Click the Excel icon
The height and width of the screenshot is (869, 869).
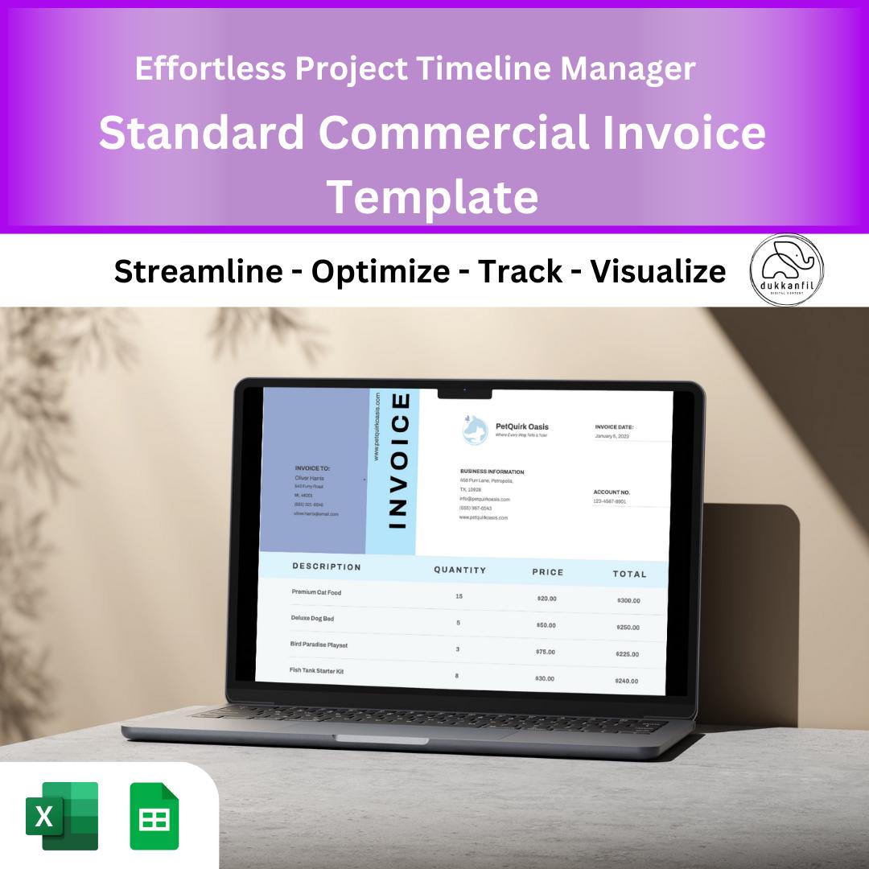[62, 815]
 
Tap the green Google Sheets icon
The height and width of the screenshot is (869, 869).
[154, 816]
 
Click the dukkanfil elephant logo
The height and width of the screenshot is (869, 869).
[786, 270]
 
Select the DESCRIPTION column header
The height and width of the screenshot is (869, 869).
[327, 566]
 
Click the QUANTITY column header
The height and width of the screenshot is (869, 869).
[460, 570]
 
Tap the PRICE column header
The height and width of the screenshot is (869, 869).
[548, 572]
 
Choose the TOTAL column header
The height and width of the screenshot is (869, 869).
[629, 574]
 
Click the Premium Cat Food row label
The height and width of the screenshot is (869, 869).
[316, 592]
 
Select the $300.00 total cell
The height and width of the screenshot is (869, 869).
[628, 600]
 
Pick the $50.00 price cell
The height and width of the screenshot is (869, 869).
[546, 624]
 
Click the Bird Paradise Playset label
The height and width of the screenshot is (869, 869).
[319, 645]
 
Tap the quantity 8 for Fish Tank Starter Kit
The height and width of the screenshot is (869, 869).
[457, 675]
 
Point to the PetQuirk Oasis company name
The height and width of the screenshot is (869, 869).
[522, 426]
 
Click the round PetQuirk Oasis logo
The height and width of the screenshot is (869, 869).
[475, 430]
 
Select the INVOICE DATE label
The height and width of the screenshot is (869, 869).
[614, 426]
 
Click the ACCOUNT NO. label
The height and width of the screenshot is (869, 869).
[612, 492]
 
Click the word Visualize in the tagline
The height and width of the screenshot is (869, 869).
[658, 272]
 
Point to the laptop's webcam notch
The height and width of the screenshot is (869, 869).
[464, 392]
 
